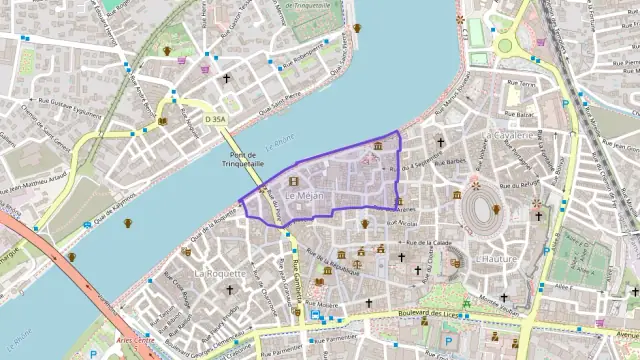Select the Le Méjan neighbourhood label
pos(305,196)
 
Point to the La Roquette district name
pos(214,272)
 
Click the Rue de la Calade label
pos(430,243)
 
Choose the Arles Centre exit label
pos(136,341)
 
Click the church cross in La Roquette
pos(229,290)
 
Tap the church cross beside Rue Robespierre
pos(227,77)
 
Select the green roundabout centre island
pos(504,44)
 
